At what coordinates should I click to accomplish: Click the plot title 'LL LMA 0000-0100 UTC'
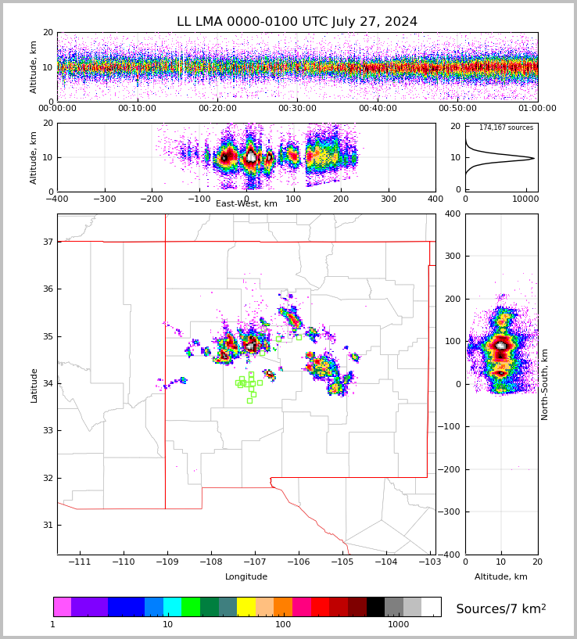pos(296,22)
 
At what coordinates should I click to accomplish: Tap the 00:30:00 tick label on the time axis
pos(297,109)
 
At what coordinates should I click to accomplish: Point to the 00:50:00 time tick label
pos(457,109)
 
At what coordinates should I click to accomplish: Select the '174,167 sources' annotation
pos(506,127)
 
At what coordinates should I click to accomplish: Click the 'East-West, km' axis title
pos(246,204)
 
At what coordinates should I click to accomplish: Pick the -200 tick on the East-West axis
pos(152,199)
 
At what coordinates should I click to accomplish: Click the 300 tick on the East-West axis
pos(389,199)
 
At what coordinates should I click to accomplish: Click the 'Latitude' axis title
pos(34,385)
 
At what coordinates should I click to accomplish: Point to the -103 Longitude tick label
pos(429,562)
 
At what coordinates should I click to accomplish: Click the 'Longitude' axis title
pos(246,577)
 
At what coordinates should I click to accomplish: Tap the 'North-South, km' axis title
pos(546,384)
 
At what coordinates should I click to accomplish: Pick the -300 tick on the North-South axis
pos(452,512)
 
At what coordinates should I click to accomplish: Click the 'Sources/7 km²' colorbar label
pos(501,608)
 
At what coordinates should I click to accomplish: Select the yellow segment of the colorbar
pos(246,607)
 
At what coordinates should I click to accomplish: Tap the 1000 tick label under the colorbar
pos(398,625)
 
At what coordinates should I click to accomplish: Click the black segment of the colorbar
pos(375,607)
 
